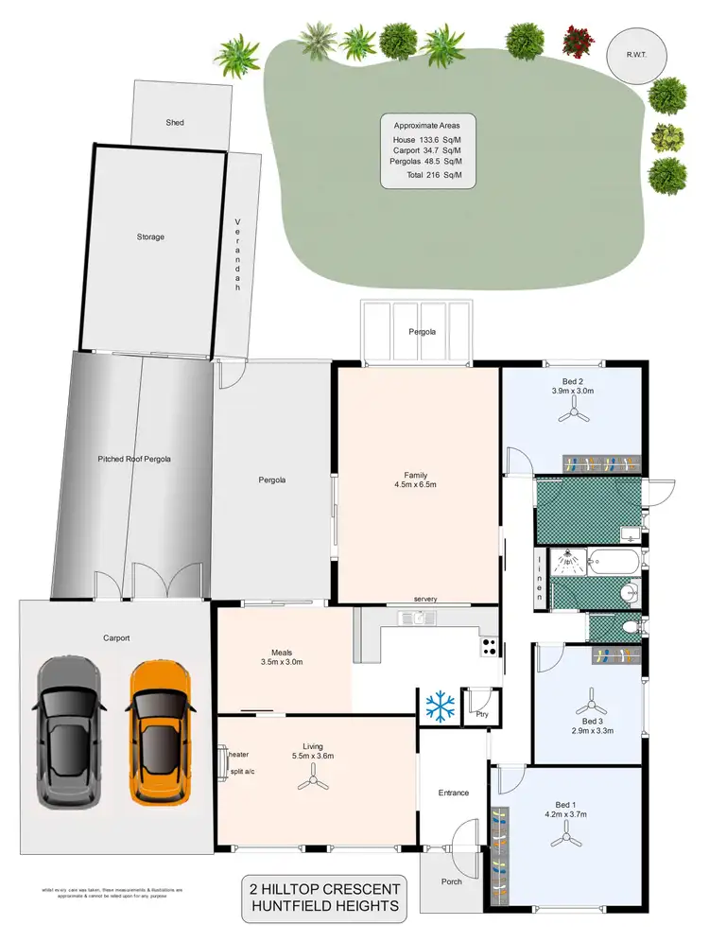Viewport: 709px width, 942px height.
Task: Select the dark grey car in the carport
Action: [68, 731]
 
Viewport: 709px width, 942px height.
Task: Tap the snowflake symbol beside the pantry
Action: [440, 705]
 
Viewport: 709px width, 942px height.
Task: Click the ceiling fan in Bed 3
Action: [593, 705]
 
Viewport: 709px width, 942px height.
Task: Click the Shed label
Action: [175, 123]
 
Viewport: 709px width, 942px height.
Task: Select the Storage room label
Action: [150, 236]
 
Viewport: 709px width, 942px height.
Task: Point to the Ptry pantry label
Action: [481, 715]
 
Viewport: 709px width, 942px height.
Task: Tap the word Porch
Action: [455, 881]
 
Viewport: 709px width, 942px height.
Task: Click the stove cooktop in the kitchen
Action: [490, 647]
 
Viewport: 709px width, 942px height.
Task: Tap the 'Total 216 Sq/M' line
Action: [427, 175]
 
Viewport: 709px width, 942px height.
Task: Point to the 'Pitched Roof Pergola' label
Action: [134, 459]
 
